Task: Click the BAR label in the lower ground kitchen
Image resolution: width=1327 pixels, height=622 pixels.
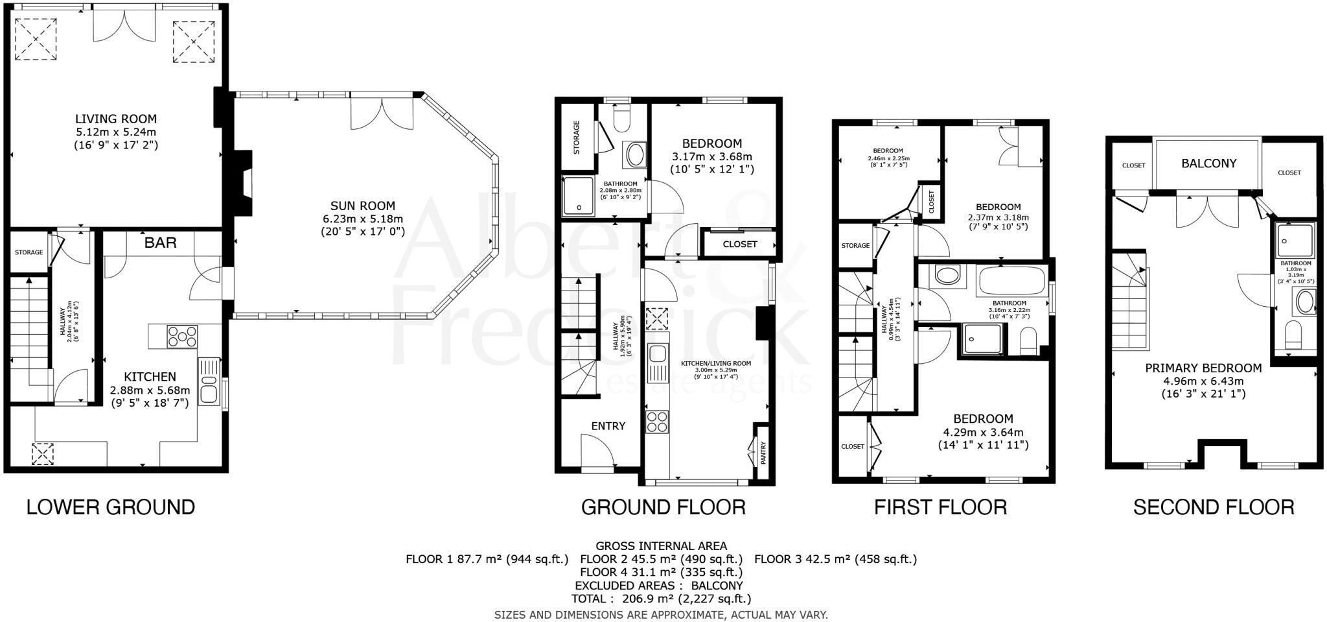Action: click(x=160, y=243)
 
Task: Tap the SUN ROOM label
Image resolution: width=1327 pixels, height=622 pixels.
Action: click(x=363, y=206)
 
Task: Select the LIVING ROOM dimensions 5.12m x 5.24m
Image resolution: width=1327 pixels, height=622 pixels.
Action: click(x=115, y=132)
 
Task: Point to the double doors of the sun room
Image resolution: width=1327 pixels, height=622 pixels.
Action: click(x=381, y=114)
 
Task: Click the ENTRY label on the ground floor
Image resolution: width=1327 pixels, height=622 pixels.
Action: click(x=608, y=426)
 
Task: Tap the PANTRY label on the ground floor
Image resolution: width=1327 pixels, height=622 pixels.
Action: click(x=763, y=453)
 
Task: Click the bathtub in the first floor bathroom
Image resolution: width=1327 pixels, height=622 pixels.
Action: click(x=1011, y=280)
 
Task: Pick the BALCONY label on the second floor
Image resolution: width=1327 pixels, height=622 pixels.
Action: click(x=1208, y=163)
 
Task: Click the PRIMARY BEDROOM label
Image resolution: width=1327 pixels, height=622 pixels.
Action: click(x=1203, y=368)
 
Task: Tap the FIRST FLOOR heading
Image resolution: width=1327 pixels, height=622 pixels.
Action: click(x=940, y=507)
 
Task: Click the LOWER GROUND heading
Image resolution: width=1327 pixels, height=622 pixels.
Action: click(x=110, y=507)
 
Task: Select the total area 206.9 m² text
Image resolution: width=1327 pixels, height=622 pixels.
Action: click(x=661, y=599)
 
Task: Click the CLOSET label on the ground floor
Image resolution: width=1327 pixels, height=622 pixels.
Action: click(x=739, y=245)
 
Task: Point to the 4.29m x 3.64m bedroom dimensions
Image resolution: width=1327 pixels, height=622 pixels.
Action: click(x=983, y=432)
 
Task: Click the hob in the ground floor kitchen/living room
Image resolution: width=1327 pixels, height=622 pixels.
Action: click(x=657, y=422)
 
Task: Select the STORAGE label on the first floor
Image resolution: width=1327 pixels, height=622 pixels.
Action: click(x=855, y=246)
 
